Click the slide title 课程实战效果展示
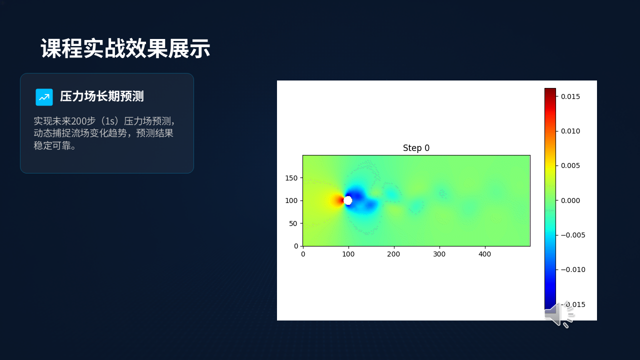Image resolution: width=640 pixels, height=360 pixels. coord(125,48)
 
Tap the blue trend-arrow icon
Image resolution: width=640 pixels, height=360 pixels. coord(44,97)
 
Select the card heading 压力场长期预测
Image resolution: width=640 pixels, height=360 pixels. coord(101,96)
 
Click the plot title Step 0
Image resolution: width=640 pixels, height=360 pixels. coord(416,148)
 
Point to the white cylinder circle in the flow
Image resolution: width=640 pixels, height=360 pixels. coord(347,200)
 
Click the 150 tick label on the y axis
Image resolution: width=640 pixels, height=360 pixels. coord(291,178)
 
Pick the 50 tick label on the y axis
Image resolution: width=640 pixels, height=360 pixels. coord(293,223)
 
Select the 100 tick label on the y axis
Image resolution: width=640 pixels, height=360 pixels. coord(291,200)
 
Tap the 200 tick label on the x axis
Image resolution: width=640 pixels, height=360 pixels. coord(393,254)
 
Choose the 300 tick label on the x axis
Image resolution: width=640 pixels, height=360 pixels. coord(439,254)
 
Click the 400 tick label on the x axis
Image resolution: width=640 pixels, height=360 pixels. coord(484,254)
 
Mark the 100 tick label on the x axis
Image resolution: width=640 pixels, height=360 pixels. coord(348,254)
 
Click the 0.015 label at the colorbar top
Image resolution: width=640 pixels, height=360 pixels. coord(570,96)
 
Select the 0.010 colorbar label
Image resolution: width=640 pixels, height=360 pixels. coord(570,131)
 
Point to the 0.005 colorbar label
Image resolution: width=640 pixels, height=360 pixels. coord(570,165)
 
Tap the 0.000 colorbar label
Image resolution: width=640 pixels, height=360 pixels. coord(570,200)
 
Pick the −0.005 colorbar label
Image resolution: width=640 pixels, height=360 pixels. coord(573,235)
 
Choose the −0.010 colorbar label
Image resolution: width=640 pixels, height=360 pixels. coord(573,269)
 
